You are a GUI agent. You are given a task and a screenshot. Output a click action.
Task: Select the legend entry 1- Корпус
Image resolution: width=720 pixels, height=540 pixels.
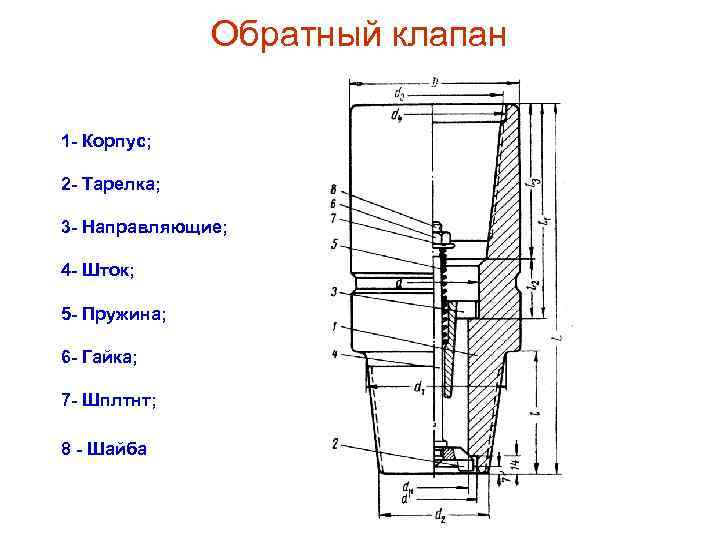coord(105,141)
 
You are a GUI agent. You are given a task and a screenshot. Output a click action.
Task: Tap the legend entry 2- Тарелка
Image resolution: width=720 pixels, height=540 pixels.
coord(110,185)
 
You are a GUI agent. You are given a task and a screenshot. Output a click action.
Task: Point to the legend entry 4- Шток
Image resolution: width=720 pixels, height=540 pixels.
coord(97,270)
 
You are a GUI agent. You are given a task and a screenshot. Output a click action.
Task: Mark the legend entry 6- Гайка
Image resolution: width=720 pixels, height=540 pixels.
coord(100,357)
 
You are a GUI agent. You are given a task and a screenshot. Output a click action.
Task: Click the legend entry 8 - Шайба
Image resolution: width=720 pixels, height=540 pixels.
coord(104,448)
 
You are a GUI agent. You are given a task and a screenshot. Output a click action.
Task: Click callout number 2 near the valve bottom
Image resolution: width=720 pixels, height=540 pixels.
coord(333,443)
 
